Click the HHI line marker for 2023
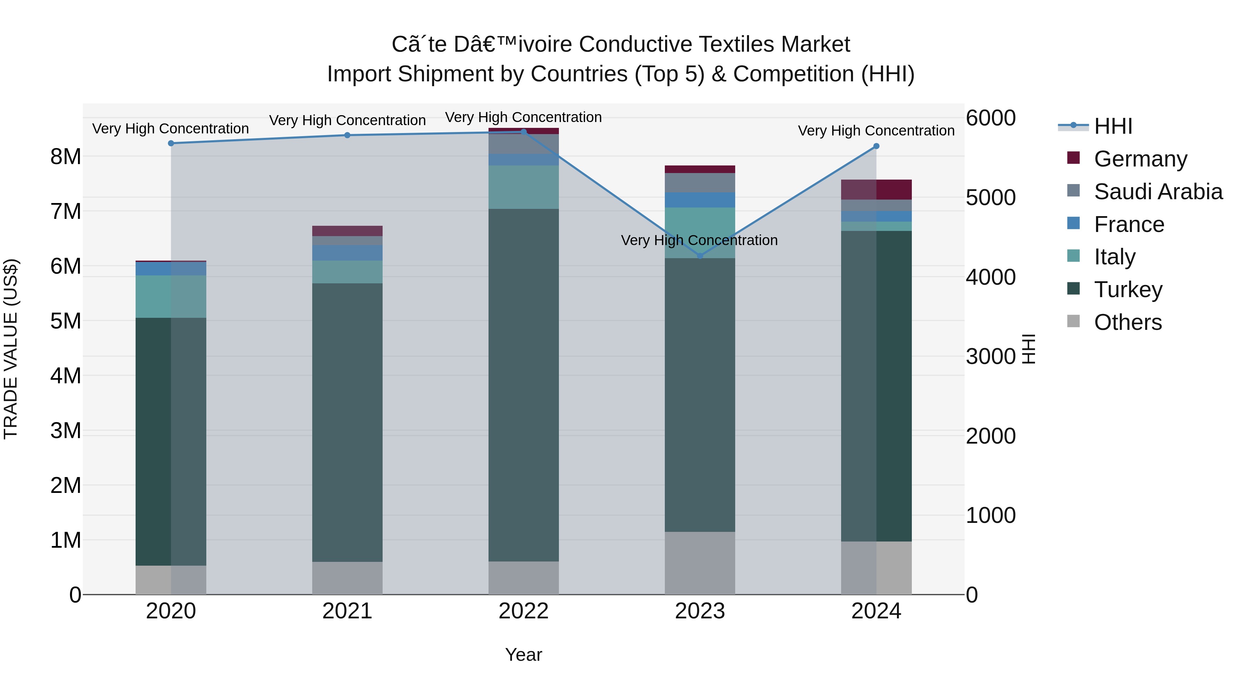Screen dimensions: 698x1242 700,256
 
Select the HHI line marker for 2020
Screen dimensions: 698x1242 171,143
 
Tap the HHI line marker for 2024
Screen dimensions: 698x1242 876,146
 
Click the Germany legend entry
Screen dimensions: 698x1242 1140,159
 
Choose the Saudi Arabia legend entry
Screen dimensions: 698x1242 1157,192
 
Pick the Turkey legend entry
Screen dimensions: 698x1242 1128,290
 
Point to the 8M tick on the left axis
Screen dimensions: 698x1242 66,156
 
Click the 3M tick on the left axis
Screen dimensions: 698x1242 66,431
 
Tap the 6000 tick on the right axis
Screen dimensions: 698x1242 990,118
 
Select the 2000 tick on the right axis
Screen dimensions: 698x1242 990,436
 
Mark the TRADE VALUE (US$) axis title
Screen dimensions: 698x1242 11,349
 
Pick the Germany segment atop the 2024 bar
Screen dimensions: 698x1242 876,189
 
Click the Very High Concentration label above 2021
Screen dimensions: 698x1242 347,120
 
